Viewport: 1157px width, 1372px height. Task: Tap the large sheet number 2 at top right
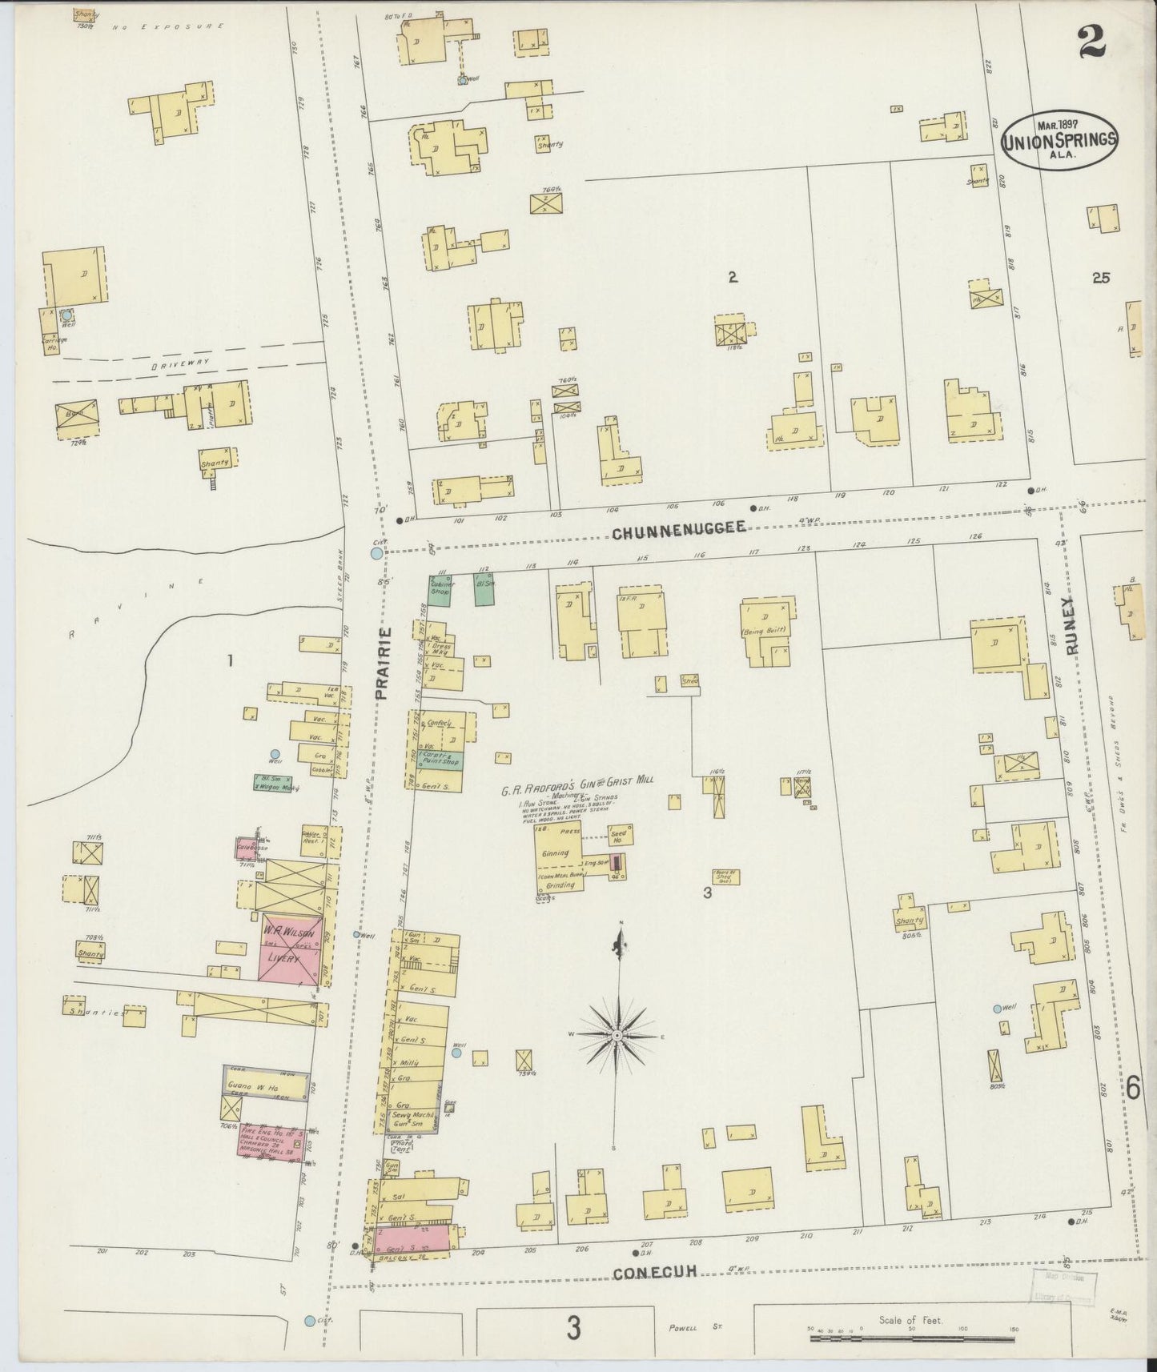[x=1091, y=42]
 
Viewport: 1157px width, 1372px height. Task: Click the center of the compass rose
[x=618, y=1036]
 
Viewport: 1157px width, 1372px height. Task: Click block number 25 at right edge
[x=1101, y=278]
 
